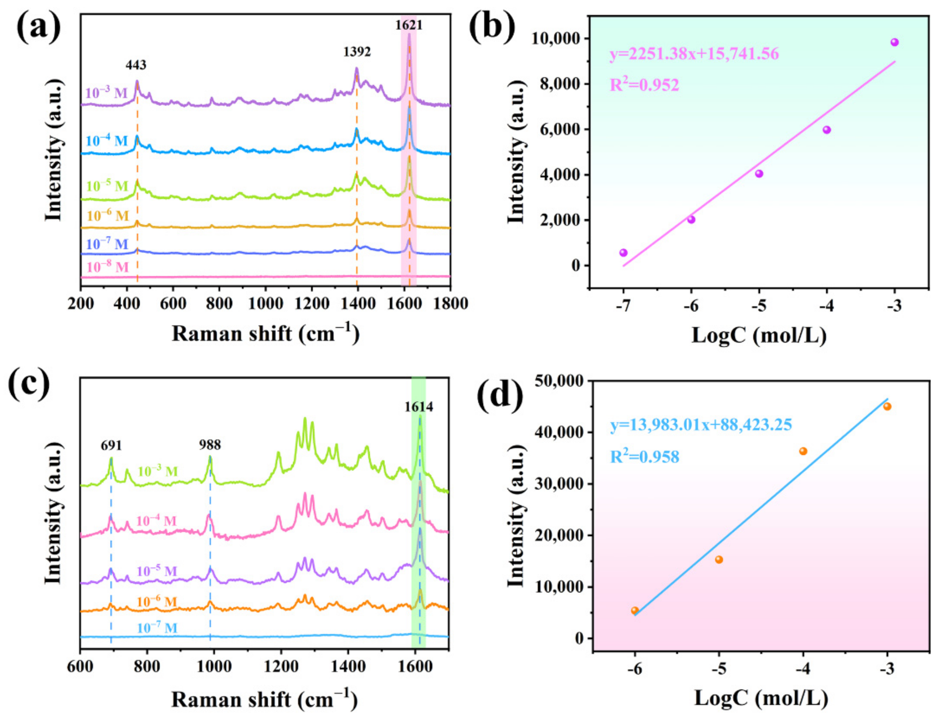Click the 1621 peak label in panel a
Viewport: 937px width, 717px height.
pyautogui.click(x=408, y=25)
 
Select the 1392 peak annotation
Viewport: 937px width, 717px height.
pyautogui.click(x=357, y=52)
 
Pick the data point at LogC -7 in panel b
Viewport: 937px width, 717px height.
pyautogui.click(x=623, y=253)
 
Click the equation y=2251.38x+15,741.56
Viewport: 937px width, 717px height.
pyautogui.click(x=694, y=54)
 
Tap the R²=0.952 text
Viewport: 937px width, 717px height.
pyautogui.click(x=644, y=85)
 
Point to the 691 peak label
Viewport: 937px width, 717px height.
pyautogui.click(x=111, y=446)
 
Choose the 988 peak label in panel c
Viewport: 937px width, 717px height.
pyautogui.click(x=210, y=445)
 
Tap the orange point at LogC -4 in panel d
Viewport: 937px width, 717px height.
pyautogui.click(x=803, y=451)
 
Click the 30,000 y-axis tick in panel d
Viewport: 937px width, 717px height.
pyautogui.click(x=558, y=484)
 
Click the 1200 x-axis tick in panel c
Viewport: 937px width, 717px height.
pyautogui.click(x=281, y=667)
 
